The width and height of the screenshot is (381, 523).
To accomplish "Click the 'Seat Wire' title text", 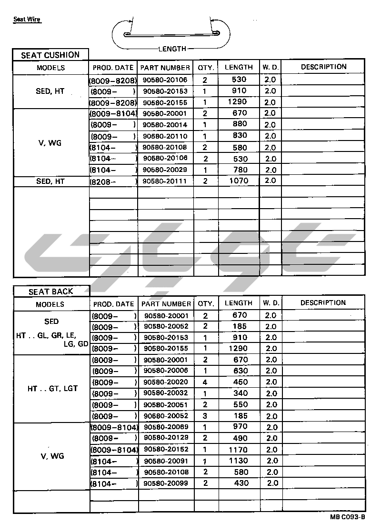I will coord(27,20).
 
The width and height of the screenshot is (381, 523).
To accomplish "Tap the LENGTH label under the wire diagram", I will coord(172,49).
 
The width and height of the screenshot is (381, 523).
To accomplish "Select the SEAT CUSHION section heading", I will coord(50,55).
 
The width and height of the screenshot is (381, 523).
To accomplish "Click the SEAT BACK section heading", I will coord(51,292).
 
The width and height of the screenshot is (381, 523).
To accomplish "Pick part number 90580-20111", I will coord(165,181).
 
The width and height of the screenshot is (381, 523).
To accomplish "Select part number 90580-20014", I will coord(165,125).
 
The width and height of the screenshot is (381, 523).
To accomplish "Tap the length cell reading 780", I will coord(239,170).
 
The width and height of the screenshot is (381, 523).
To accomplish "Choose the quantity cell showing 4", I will coord(205,382).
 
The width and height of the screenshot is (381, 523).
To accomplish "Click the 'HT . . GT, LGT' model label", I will coord(52,389).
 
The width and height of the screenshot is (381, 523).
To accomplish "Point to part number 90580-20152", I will coord(166,450).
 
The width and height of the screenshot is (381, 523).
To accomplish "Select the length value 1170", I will coord(238,450).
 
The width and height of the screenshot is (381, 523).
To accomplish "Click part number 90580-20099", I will coord(166,483).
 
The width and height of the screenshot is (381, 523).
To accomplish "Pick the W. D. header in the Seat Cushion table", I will coord(270,67).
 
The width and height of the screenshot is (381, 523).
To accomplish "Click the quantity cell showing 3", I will coord(205,416).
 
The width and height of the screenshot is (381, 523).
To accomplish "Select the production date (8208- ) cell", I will coord(113,181).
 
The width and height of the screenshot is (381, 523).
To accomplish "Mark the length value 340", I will coord(241,393).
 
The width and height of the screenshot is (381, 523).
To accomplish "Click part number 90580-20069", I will coord(166,427).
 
